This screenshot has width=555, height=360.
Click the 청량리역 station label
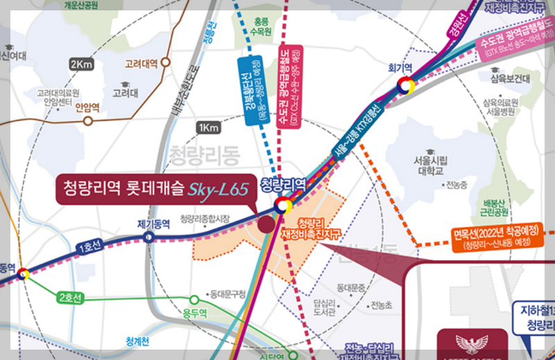point(283,185)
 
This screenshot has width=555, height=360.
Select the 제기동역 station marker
point(149,237)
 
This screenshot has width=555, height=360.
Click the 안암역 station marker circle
point(88,121)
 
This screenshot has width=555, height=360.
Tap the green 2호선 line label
point(70,298)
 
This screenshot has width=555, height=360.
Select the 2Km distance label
point(81,65)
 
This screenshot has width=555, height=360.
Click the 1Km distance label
point(207,128)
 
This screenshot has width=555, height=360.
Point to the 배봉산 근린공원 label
point(495,207)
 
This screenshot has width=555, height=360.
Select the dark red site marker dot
point(265,224)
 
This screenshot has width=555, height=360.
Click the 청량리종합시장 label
point(205,219)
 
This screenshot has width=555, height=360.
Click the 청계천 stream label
point(142,341)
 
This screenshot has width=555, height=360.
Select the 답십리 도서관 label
point(325,307)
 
